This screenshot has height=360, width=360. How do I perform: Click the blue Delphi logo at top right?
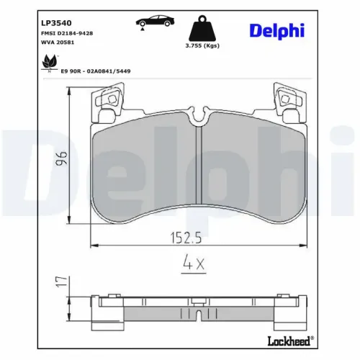click(x=277, y=30)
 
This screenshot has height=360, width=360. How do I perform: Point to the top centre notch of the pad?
click(x=199, y=115)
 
